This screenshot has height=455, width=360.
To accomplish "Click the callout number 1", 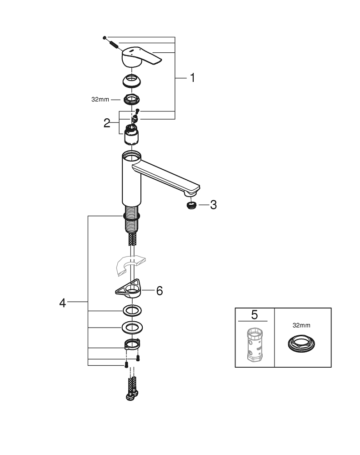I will (x=192, y=78).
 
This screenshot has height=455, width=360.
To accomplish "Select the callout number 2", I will (x=107, y=123).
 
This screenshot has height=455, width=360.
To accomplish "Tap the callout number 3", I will (x=213, y=205).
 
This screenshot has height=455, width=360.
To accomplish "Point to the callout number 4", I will (x=62, y=302).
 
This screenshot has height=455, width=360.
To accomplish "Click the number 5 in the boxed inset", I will (x=254, y=314).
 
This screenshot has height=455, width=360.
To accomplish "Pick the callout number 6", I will (x=159, y=291).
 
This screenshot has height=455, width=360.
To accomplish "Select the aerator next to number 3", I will (x=192, y=205).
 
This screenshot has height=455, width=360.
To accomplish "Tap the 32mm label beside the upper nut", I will (x=100, y=99).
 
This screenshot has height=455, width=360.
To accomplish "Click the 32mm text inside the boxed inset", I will (x=302, y=325).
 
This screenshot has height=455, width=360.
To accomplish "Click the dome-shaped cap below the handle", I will (x=132, y=81).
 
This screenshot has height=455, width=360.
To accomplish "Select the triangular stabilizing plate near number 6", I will (x=129, y=288).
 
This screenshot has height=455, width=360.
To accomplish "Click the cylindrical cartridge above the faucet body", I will (x=131, y=136).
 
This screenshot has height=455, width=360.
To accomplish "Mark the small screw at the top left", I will (x=105, y=37).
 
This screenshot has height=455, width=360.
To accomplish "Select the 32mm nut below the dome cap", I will (x=132, y=99).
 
